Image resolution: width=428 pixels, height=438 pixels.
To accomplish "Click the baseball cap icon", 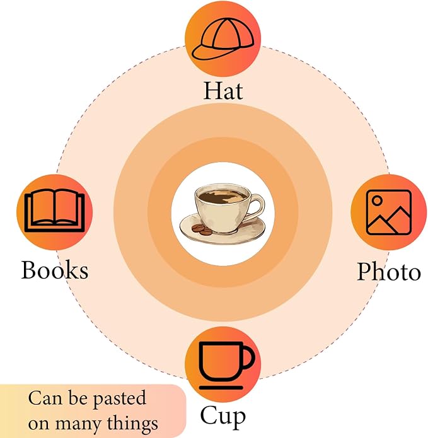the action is [x=223, y=39].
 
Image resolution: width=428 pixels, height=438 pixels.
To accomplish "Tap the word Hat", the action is [x=223, y=91].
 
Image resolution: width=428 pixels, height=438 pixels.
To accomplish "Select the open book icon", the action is [x=54, y=211].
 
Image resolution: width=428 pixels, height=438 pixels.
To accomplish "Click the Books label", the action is [x=55, y=270].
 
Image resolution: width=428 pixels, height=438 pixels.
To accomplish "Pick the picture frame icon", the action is [x=389, y=212].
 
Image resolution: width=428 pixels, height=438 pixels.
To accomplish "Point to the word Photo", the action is [x=389, y=271].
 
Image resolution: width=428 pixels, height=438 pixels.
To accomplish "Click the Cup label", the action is [x=223, y=416].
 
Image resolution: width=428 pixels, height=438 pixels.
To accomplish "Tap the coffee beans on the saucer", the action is [x=202, y=229].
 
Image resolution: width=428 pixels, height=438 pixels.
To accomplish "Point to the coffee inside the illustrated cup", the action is [x=221, y=197].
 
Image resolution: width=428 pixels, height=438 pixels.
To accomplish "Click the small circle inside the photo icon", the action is [x=377, y=200].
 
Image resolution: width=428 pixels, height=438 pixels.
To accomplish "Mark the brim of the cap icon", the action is [x=215, y=53].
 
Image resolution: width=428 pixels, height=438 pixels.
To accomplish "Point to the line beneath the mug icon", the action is [x=221, y=388].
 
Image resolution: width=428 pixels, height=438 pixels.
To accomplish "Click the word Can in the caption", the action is [x=45, y=398].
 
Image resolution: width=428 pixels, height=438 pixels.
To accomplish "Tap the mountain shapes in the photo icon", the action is [x=389, y=220].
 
